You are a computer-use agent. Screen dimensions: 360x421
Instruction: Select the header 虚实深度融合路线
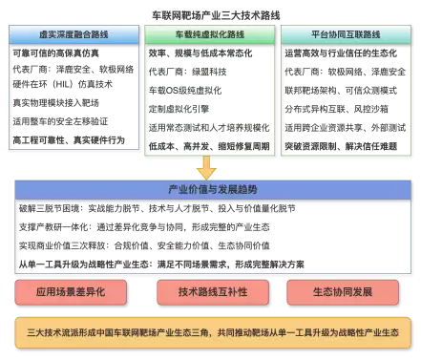(73, 32)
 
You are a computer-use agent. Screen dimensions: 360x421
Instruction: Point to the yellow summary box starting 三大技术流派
(210, 332)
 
